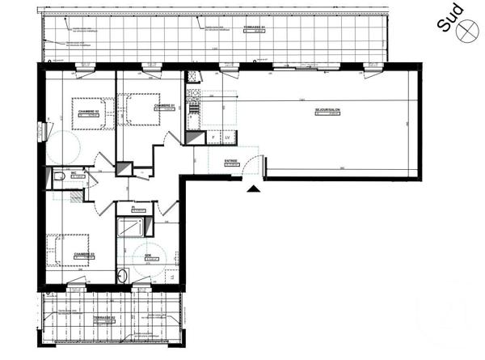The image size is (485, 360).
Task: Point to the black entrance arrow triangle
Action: pos(254,189)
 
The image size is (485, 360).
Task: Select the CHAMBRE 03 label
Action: pos(84,254)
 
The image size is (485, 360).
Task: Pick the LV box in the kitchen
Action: pos(227,138)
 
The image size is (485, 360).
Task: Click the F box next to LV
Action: pos(213,138)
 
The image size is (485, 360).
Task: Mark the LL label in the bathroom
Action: pos(171,278)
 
